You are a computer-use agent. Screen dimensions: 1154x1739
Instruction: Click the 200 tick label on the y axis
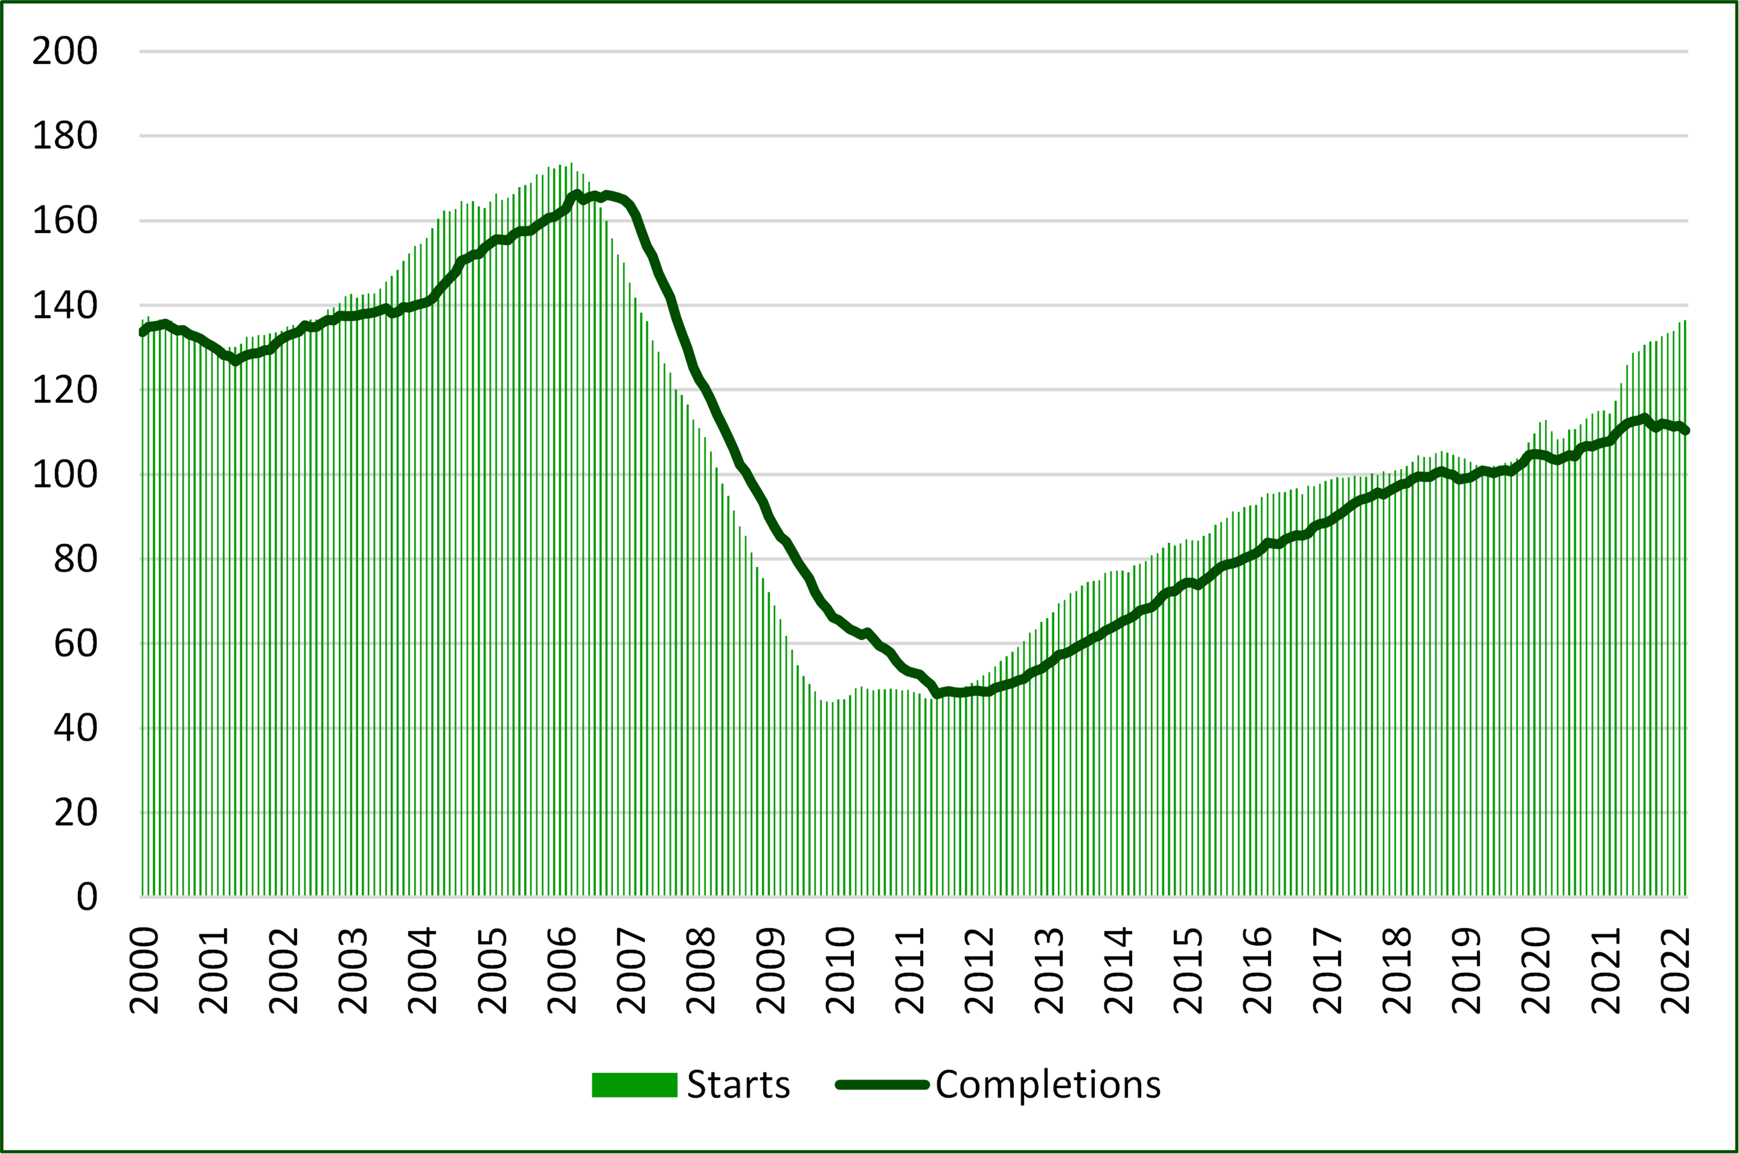[65, 51]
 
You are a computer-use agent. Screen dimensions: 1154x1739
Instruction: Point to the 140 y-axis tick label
[65, 306]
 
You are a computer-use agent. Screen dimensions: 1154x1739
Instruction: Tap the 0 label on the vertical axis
[87, 897]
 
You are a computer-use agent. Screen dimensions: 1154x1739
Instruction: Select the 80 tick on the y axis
[75, 559]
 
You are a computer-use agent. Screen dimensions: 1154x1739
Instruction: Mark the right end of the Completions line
[1685, 431]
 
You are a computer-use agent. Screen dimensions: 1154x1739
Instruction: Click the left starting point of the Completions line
[142, 332]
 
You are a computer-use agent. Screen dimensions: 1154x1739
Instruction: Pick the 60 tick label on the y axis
[75, 644]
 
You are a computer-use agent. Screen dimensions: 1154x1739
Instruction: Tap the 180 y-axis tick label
[65, 136]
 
